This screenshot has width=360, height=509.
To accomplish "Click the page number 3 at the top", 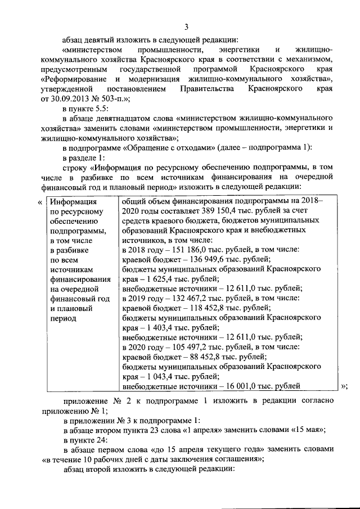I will [x=186, y=26].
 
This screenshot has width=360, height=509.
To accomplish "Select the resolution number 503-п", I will [x=109, y=99].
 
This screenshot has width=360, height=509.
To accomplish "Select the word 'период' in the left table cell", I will [x=63, y=317].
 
